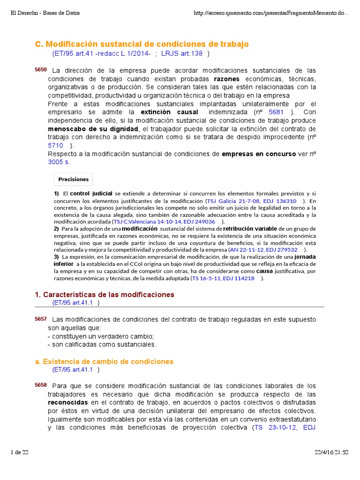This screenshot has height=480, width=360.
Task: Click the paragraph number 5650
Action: click(x=41, y=70)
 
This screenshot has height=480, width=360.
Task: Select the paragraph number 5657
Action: click(x=41, y=319)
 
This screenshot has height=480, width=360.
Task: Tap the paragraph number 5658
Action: click(x=41, y=385)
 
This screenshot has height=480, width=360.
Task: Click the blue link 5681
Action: click(x=277, y=112)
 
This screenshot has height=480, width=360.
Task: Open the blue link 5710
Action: click(x=55, y=145)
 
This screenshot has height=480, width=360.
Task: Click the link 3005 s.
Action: click(x=59, y=162)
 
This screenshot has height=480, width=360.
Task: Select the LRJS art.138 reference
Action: click(x=182, y=54)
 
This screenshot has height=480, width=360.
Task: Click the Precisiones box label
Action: click(x=74, y=179)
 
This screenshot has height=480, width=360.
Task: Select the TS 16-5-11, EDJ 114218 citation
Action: click(x=224, y=278)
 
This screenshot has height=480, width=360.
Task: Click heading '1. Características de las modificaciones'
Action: click(x=105, y=295)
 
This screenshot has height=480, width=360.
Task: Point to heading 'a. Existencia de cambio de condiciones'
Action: click(x=104, y=361)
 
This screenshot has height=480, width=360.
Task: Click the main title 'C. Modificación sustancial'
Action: click(x=142, y=44)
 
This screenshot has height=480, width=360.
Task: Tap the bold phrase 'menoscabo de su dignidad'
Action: click(x=93, y=129)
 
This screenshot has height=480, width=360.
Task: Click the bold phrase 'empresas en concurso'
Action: click(x=259, y=154)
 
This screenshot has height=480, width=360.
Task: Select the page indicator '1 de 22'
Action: click(x=20, y=452)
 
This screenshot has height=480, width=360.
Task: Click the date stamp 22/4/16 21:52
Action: click(x=332, y=452)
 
